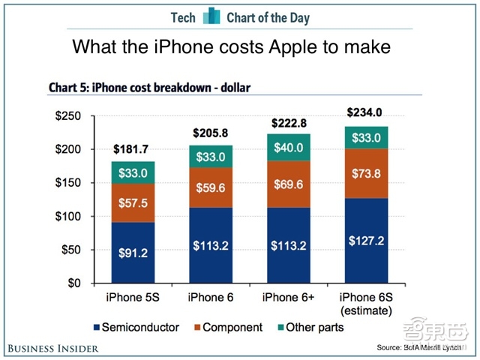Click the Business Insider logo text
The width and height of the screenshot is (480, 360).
pyautogui.click(x=54, y=349)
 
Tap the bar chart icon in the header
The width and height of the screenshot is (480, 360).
pyautogui.click(x=211, y=16)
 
